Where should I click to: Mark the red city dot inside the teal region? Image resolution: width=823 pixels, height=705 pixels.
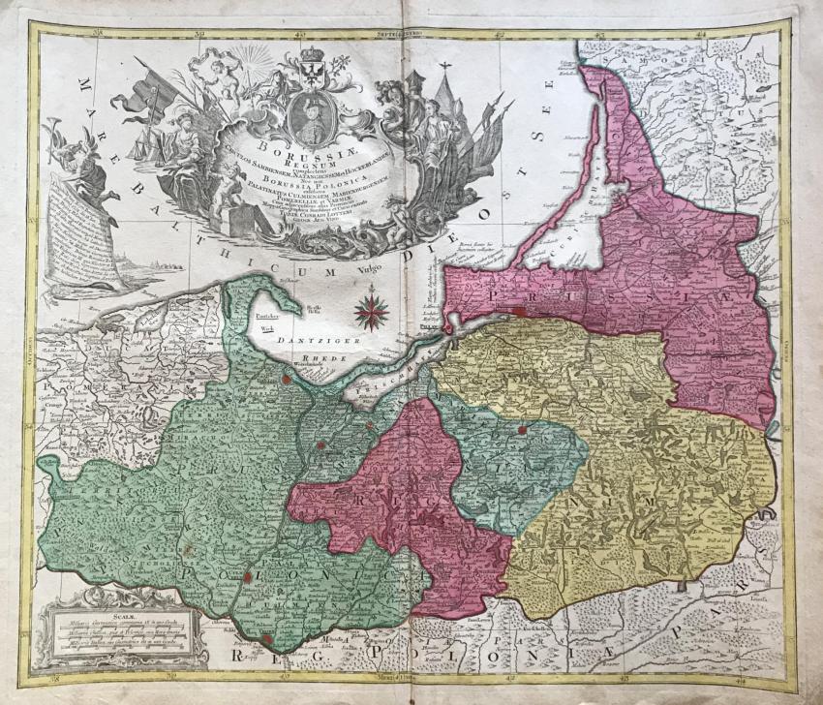click(522, 429)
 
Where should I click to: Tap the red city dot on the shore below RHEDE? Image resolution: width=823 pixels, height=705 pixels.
click(288, 381)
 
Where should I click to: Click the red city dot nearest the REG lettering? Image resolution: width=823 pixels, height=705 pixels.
click(267, 638)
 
